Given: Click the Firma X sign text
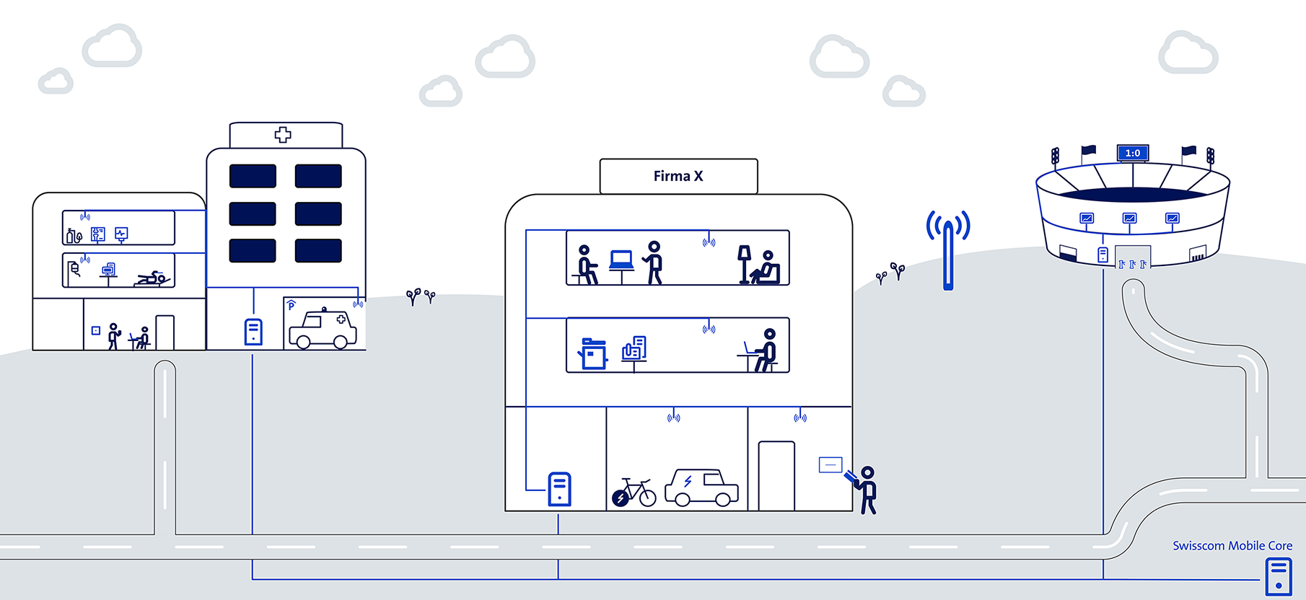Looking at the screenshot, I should pyautogui.click(x=678, y=176).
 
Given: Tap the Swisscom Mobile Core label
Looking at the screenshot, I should pyautogui.click(x=1232, y=546).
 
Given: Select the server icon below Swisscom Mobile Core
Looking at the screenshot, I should pyautogui.click(x=1279, y=577).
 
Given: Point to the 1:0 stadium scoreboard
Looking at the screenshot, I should pyautogui.click(x=1132, y=153).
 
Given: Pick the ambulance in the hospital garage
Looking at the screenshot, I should pyautogui.click(x=323, y=330).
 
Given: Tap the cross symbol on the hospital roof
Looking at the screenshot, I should pyautogui.click(x=283, y=135).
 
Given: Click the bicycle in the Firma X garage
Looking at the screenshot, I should pyautogui.click(x=634, y=493).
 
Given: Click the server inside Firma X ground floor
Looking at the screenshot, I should pyautogui.click(x=559, y=489).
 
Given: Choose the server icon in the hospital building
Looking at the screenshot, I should pyautogui.click(x=253, y=332).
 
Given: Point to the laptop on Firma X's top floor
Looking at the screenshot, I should pyautogui.click(x=621, y=260).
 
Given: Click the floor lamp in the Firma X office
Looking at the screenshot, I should pyautogui.click(x=744, y=264).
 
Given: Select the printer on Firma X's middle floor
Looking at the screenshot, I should pyautogui.click(x=593, y=354).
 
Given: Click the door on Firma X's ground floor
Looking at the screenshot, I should pyautogui.click(x=776, y=476).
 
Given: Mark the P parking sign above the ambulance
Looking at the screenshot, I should pyautogui.click(x=292, y=306).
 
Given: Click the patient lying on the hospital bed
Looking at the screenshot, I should pyautogui.click(x=154, y=278).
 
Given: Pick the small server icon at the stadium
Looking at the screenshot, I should pyautogui.click(x=1103, y=255).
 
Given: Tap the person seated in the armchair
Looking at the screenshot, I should pyautogui.click(x=766, y=268).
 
